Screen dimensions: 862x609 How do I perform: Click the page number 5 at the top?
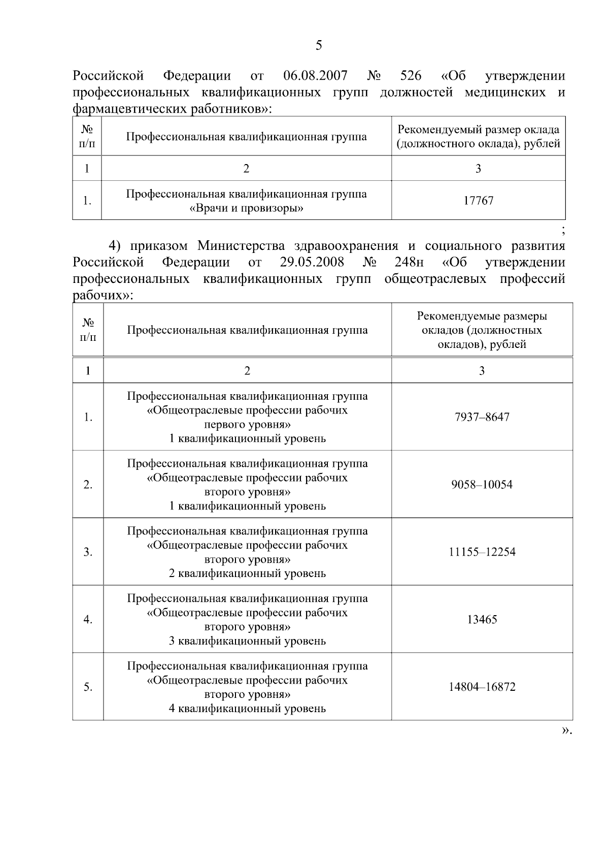pos(319,46)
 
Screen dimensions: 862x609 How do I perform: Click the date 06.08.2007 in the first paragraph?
pos(315,76)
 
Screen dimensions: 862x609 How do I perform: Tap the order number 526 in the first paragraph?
pos(411,76)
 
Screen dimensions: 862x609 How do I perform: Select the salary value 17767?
pos(478,201)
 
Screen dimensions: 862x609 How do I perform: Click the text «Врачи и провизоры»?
pos(246,208)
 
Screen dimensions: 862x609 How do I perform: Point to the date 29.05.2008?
pos(312,262)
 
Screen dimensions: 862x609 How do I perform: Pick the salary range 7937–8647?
pos(482,417)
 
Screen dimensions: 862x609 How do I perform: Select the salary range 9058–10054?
pos(482,485)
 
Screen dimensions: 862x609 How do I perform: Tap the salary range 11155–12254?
pos(482,552)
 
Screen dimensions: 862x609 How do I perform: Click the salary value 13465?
pos(482,620)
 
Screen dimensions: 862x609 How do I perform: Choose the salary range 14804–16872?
pos(482,687)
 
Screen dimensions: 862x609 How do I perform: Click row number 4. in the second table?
pos(88,620)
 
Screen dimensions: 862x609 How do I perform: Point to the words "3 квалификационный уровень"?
pos(247,641)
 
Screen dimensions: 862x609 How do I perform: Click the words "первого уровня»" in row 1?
pos(247,425)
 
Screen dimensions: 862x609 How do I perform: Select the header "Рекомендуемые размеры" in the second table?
pos(482,316)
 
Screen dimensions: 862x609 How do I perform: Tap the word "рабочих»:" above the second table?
pos(103,296)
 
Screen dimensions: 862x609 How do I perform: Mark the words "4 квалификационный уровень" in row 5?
pos(247,709)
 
